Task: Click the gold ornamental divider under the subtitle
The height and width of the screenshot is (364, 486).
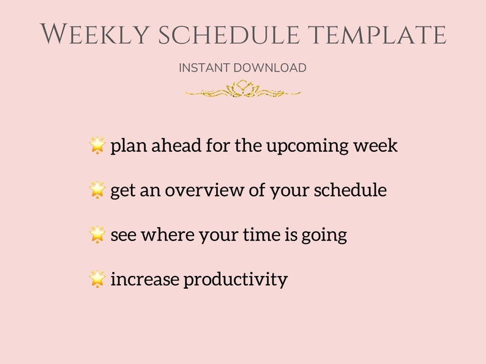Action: tap(243, 91)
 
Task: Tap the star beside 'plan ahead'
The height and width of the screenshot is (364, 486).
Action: tap(97, 146)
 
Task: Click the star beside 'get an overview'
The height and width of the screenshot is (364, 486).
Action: tap(97, 190)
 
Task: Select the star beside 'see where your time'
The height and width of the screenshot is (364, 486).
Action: tap(97, 234)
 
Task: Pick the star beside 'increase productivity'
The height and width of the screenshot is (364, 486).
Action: tap(97, 279)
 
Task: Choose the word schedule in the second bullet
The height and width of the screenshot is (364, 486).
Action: tap(350, 190)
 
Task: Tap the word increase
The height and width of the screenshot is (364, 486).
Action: tap(145, 280)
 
